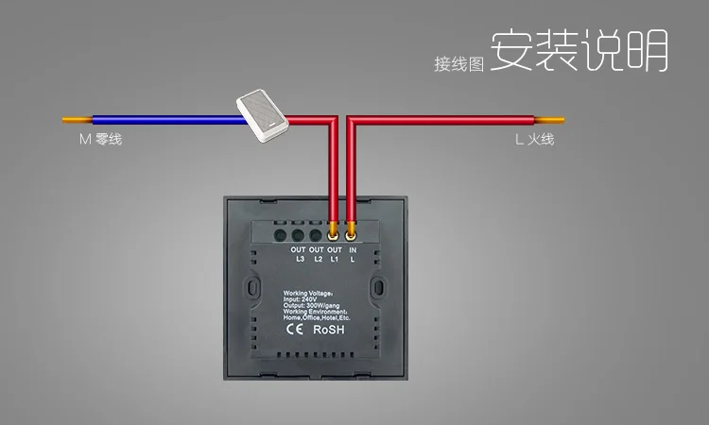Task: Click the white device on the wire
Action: [263, 111]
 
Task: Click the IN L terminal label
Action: [353, 252]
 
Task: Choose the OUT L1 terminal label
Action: [334, 252]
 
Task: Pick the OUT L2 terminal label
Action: [317, 252]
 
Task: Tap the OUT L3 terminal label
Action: [299, 252]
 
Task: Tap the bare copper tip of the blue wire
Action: [76, 121]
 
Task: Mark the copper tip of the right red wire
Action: [551, 121]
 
